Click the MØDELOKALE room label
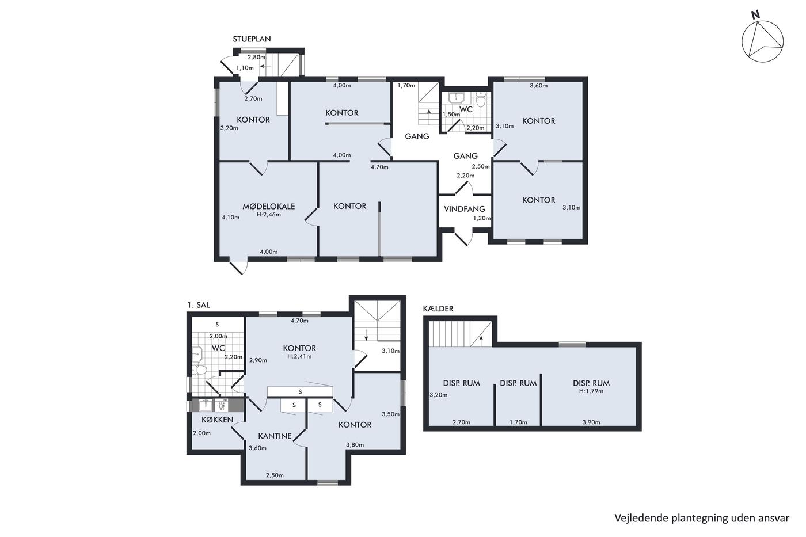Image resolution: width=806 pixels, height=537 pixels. pos(268,207)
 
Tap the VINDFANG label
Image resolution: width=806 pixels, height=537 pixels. pos(464,209)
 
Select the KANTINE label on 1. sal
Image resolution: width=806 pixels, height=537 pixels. pos(275,436)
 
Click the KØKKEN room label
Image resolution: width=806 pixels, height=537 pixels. pos(218,420)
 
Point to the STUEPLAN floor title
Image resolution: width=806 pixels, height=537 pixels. pos(252,39)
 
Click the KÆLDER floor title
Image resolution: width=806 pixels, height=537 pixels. pos(438,309)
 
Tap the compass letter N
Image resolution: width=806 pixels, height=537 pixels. pos(755,25)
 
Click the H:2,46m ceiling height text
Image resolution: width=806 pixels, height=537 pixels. pos(268,215)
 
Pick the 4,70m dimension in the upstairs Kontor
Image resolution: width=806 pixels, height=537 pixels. pos(299,321)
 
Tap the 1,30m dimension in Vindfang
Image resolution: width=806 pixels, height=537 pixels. pos(481,218)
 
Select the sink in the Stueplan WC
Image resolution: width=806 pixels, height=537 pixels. pos(456,98)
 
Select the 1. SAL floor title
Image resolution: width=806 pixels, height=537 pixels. pos(198,305)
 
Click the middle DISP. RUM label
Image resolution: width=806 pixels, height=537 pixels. pos(518,383)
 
